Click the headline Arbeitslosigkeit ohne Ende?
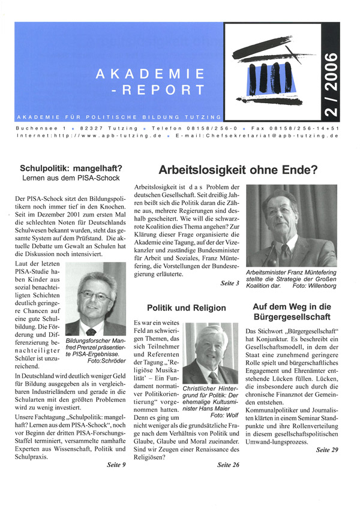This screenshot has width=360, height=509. pos(238,170)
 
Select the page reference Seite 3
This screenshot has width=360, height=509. pos(230,282)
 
